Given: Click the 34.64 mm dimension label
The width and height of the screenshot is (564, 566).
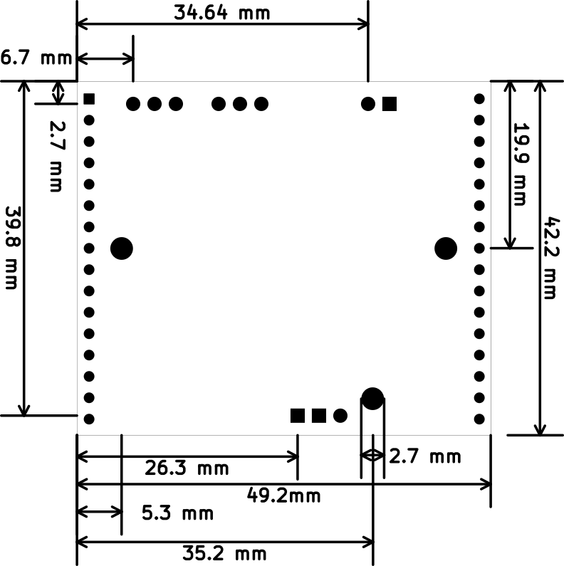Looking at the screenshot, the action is tap(221, 13).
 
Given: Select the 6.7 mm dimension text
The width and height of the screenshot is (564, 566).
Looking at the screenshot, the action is tap(36, 58).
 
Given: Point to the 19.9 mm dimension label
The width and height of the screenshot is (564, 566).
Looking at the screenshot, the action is tap(521, 164).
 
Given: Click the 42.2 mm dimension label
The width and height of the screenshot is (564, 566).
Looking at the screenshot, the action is tap(552, 258).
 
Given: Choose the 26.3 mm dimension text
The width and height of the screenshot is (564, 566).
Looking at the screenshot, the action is tap(187, 468).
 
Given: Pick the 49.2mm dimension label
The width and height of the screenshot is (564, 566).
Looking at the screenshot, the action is tap(284, 496).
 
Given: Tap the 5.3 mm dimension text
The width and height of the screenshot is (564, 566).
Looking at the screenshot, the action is tap(177, 513).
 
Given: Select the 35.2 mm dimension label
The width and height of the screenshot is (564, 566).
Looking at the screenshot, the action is tap(224, 553).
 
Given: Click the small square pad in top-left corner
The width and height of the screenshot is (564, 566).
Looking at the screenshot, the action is tap(89, 99).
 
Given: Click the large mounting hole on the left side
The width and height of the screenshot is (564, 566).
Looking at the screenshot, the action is tap(122, 248).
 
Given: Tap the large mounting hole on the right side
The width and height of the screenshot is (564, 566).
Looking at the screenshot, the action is tap(446, 248).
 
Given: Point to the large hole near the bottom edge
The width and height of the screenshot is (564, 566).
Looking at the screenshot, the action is tap(372, 399).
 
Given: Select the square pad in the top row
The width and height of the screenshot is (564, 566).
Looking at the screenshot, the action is tap(390, 104).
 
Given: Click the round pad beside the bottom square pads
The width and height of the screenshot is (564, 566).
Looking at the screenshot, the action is tap(340, 416).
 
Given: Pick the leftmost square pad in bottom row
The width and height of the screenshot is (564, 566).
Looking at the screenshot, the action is tap(298, 416).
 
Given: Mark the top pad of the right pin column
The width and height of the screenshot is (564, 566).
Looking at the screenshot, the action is tap(479, 99).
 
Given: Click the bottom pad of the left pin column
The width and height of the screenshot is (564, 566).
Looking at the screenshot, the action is tap(89, 419).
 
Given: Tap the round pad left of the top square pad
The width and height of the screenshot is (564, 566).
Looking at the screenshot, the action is tap(368, 104).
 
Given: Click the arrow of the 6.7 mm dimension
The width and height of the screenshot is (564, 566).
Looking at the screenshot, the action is tap(105, 58).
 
